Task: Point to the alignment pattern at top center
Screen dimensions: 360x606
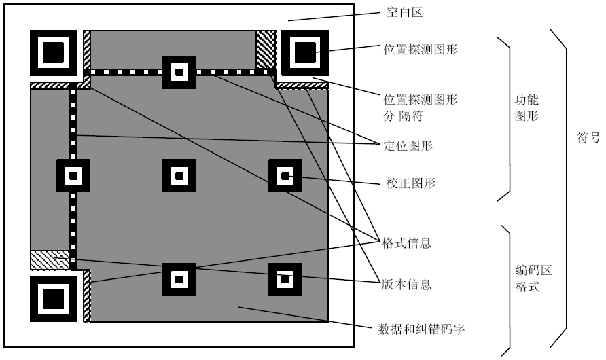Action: (x=179, y=71)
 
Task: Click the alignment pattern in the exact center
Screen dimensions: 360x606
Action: (x=179, y=176)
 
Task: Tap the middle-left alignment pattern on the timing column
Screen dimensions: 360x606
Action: (x=73, y=176)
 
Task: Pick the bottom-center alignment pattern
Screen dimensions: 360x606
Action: (x=179, y=278)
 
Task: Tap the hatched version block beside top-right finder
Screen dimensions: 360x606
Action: (x=264, y=48)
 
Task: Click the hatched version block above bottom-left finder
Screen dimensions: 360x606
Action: (x=50, y=259)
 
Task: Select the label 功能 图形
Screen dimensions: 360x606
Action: (x=527, y=107)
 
